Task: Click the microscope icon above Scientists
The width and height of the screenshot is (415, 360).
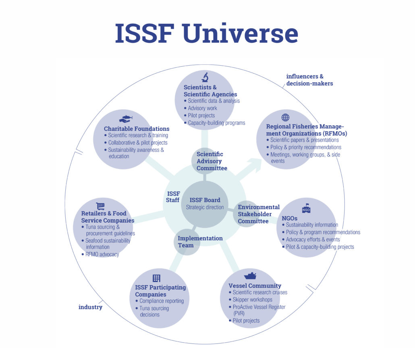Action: tap(205, 77)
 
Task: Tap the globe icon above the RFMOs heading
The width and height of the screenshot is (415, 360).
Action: tap(285, 117)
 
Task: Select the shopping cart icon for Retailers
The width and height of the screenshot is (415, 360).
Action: tap(100, 206)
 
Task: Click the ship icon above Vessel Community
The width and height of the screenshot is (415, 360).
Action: tap(250, 275)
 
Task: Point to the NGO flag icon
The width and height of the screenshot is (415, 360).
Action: tap(306, 208)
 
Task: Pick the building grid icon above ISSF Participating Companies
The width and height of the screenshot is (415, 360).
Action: tap(156, 278)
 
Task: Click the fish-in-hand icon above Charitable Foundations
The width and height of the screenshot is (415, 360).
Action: tap(126, 119)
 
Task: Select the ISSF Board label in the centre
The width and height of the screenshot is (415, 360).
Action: tap(205, 200)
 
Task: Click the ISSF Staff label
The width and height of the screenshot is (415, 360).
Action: tap(173, 197)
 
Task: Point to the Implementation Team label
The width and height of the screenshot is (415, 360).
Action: tap(200, 242)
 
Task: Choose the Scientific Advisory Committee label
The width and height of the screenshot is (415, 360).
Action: tap(212, 161)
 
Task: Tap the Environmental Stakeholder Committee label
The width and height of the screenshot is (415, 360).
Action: tap(259, 214)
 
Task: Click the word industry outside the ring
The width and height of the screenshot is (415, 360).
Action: tap(90, 307)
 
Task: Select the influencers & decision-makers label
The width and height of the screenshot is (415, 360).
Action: tap(310, 80)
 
